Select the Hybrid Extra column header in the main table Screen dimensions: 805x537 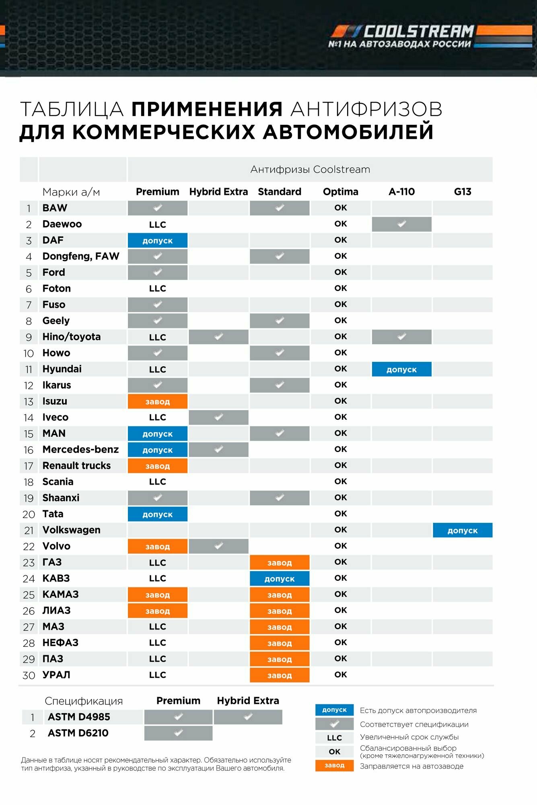[218, 192]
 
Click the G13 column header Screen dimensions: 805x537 [463, 192]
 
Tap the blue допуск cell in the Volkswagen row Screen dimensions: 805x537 [463, 530]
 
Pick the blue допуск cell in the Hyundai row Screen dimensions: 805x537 [401, 369]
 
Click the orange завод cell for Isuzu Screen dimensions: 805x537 [158, 402]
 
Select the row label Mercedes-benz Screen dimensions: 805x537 [80, 450]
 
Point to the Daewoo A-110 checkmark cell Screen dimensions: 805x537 [401, 224]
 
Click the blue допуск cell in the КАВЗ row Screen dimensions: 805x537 [280, 579]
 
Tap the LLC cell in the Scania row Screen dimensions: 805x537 [158, 482]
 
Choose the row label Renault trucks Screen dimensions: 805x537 [76, 466]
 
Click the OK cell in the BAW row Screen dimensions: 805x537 [340, 208]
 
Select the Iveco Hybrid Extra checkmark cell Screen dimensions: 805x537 [218, 417]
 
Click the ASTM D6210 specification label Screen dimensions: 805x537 [78, 733]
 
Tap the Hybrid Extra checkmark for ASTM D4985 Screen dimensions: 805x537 [248, 717]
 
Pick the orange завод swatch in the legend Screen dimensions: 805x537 [334, 766]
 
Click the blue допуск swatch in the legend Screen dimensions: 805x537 [334, 710]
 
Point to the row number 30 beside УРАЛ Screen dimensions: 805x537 [29, 675]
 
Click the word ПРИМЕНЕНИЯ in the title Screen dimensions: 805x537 [207, 109]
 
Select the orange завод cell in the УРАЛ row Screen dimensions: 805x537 [280, 675]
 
